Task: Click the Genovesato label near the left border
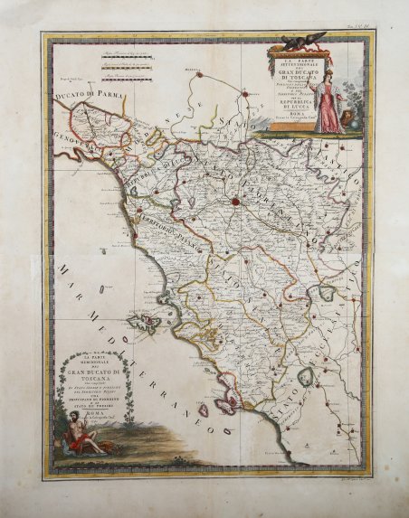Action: click(x=68, y=140)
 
